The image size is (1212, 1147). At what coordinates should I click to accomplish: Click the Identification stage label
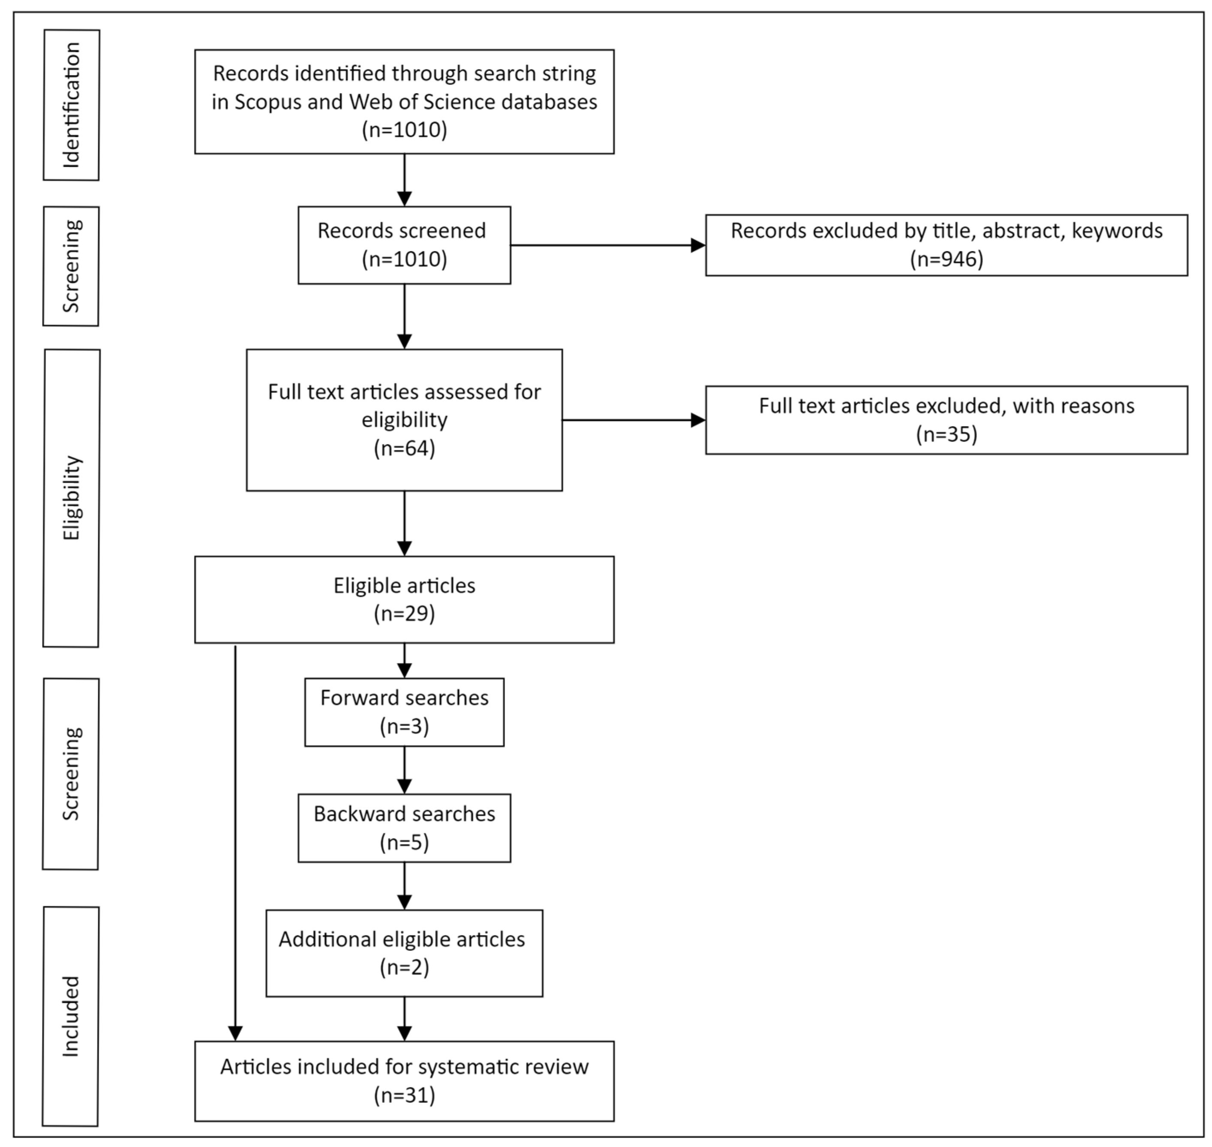[72, 105]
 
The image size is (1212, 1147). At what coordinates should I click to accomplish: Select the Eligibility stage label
[72, 498]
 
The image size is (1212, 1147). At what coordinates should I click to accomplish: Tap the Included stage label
[71, 1016]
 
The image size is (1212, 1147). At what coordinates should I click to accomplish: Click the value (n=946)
[946, 259]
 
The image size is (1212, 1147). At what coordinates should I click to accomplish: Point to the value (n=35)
[946, 434]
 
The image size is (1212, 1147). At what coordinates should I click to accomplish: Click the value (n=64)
[404, 448]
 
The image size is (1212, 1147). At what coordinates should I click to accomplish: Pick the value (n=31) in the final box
[404, 1094]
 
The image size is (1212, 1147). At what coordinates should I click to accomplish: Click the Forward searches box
[404, 712]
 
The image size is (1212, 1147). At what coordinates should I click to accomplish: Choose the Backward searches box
[404, 828]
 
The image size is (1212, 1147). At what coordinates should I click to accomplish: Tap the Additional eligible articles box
[404, 953]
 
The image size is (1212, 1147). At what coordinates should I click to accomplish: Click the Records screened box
[404, 245]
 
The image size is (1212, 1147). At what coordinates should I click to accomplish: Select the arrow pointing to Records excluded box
[608, 245]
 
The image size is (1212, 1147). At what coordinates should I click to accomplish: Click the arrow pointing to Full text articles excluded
[634, 420]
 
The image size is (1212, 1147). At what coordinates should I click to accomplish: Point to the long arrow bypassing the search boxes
[235, 843]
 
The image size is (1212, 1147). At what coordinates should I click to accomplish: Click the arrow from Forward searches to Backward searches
[404, 770]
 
